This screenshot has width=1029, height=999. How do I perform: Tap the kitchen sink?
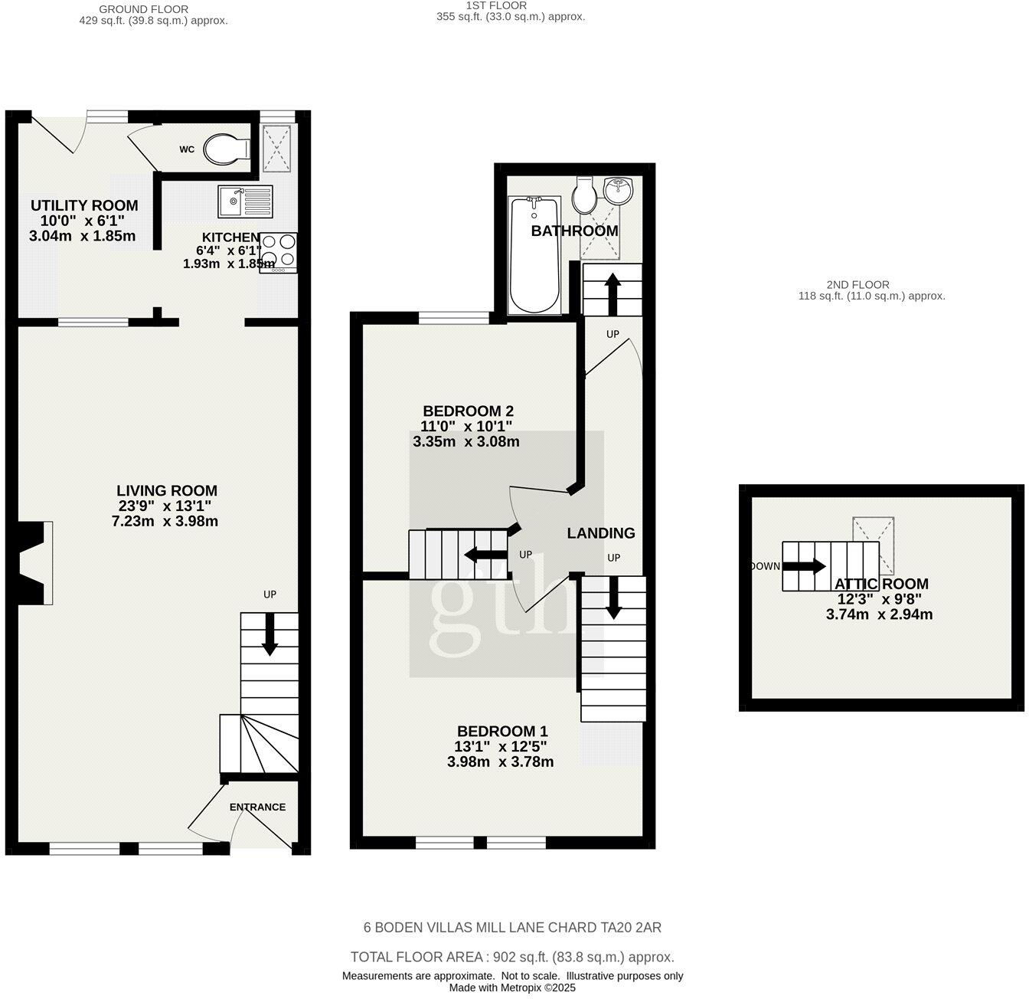click(x=244, y=201)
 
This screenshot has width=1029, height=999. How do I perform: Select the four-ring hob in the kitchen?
click(x=279, y=252)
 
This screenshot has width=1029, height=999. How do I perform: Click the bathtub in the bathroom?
click(x=535, y=255)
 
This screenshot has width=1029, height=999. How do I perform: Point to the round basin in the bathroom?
click(x=618, y=188)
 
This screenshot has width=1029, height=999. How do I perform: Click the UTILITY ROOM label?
click(x=84, y=205)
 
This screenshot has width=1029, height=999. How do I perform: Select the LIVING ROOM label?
click(x=167, y=491)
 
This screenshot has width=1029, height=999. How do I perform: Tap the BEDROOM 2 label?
click(x=467, y=411)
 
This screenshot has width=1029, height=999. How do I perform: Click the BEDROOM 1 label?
click(x=502, y=731)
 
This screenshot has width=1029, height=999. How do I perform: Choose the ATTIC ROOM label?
click(x=881, y=584)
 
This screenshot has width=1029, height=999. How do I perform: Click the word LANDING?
click(x=601, y=533)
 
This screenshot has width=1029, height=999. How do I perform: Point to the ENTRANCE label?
click(x=257, y=807)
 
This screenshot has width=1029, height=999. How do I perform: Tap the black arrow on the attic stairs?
click(x=803, y=567)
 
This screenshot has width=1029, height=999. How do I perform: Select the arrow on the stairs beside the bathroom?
click(x=612, y=292)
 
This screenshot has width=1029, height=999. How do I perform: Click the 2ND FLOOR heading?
click(x=857, y=284)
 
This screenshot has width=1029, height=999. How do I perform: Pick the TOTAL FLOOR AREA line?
click(x=512, y=957)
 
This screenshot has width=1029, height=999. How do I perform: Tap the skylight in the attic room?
click(x=874, y=545)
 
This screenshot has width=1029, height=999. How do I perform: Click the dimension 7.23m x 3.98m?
click(x=165, y=522)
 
